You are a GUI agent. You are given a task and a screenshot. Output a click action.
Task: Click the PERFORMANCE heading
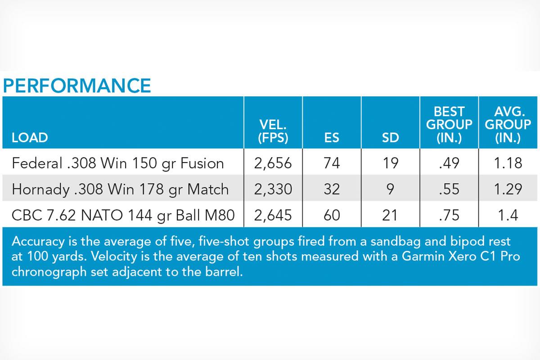77,85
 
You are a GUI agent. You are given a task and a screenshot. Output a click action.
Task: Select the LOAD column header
30,138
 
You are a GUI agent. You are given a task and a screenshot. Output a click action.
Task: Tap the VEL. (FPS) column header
273,131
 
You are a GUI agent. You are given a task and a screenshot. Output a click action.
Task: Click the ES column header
332,138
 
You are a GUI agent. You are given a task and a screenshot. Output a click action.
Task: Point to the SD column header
390,138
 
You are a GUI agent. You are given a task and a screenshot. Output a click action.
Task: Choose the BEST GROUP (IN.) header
449,125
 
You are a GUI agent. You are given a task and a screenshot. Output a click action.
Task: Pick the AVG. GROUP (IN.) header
508,125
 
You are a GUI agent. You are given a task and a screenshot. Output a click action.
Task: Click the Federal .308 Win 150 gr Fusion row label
118,163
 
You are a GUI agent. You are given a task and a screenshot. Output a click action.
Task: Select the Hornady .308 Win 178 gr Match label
120,189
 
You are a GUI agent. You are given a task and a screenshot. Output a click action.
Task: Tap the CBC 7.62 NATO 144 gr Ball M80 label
123,215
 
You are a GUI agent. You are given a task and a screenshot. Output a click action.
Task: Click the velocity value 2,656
273,163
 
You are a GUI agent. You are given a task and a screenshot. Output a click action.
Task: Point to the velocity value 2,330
273,189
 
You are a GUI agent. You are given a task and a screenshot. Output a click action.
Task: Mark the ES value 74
332,163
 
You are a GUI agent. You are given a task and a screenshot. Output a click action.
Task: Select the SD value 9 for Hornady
390,189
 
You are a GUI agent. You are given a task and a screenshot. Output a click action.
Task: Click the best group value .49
449,163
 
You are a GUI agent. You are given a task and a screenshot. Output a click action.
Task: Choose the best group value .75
449,215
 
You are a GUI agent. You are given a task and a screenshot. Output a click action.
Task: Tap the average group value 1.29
508,189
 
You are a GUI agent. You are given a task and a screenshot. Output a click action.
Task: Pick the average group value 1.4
508,215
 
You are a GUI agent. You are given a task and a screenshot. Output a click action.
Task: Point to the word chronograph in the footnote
49,272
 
